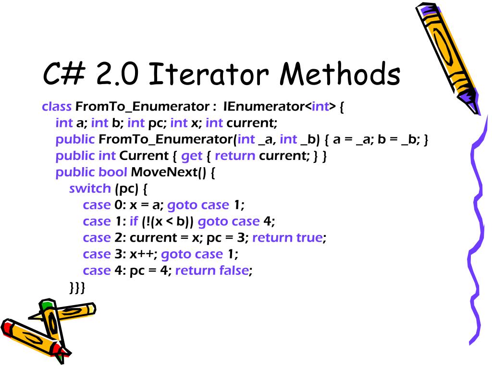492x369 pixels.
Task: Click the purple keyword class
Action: click(x=57, y=107)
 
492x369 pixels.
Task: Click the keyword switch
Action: click(x=90, y=188)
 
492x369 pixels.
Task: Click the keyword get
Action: click(x=191, y=156)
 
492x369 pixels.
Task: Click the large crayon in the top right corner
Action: click(x=447, y=53)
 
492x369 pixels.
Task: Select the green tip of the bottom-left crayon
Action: click(x=47, y=305)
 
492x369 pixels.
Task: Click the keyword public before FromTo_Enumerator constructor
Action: click(x=75, y=140)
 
